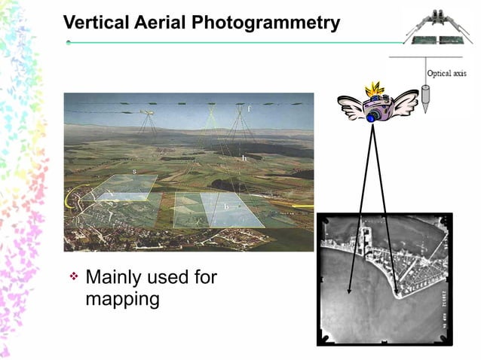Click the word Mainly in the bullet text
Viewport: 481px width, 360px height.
point(116,277)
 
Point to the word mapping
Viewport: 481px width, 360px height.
point(122,299)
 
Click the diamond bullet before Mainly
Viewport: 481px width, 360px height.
point(74,277)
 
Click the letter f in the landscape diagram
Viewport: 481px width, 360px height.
point(250,111)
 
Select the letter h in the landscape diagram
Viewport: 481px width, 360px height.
point(244,159)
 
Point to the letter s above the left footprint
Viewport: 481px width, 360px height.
point(134,172)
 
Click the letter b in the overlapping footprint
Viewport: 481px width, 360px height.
point(225,206)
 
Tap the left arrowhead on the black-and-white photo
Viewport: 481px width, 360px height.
point(350,288)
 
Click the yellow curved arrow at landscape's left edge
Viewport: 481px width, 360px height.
point(73,197)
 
